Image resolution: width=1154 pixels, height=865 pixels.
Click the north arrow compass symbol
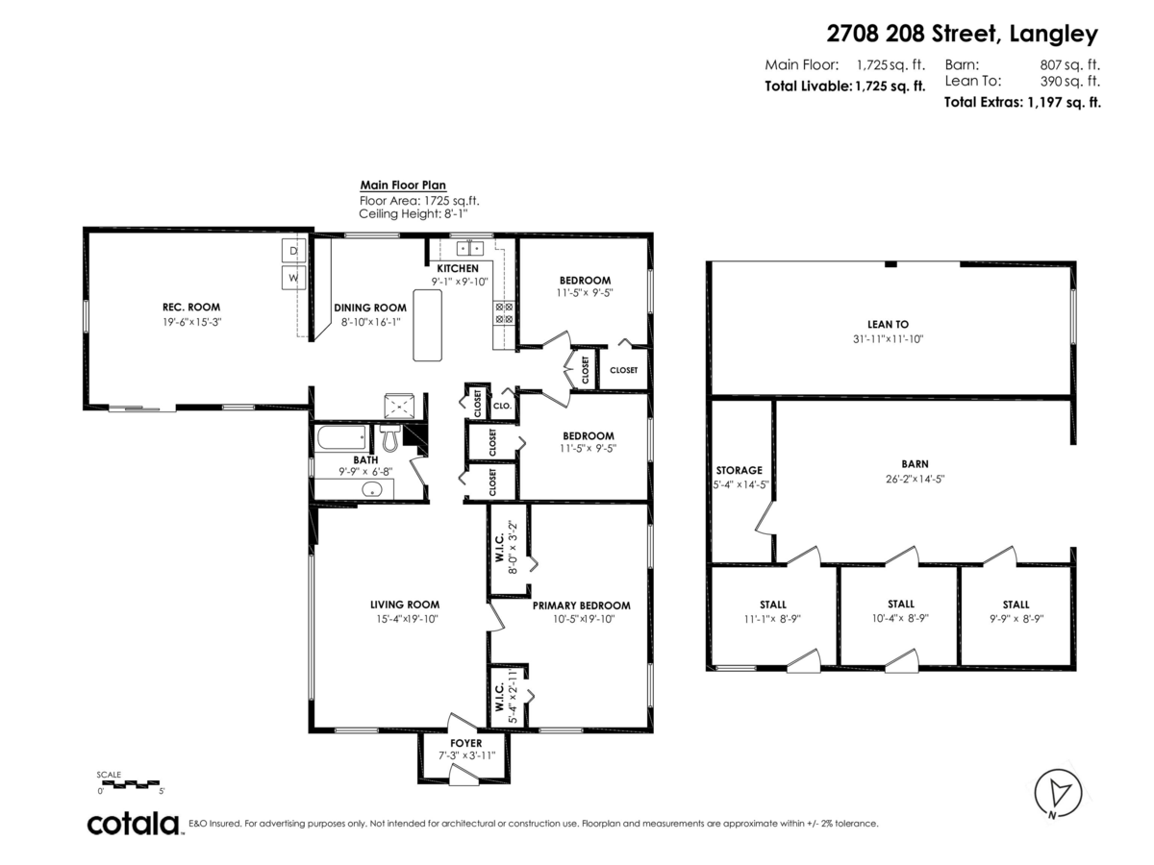coord(1058,794)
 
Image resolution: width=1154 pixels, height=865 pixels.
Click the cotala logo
coord(134,824)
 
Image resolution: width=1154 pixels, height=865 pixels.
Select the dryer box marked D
coord(293,252)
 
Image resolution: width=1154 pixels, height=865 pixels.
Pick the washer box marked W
coord(293,279)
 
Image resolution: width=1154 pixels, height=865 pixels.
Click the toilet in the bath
coord(389,438)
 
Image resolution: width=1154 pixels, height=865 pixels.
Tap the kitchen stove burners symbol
coord(504,311)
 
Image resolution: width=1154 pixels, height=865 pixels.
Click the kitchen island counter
coord(428,325)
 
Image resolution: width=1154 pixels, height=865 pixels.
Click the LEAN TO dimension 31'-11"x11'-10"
coord(888,338)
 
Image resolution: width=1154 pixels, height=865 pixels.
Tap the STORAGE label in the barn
coord(739,470)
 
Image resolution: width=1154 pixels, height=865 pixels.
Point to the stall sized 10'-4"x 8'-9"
coord(900,619)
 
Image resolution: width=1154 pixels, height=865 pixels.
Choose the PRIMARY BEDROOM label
coord(581,605)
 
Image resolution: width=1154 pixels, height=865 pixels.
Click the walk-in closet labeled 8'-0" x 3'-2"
coord(507,547)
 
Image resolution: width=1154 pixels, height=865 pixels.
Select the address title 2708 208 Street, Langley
coord(962,35)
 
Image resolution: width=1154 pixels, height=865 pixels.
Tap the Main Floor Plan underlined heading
coord(403,185)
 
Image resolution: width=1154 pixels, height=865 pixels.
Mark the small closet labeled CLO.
coord(502,407)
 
